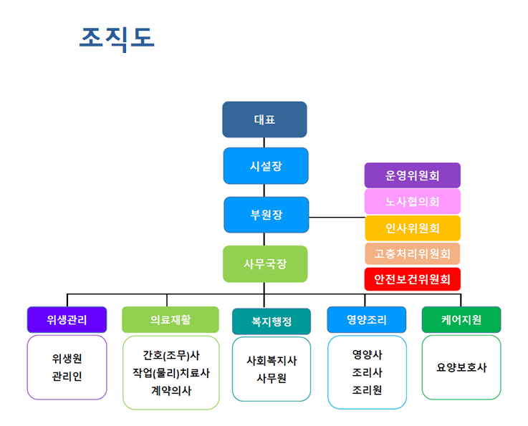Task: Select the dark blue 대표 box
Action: (264, 120)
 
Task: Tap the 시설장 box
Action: (265, 165)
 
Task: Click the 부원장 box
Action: (266, 215)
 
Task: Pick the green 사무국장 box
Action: (265, 263)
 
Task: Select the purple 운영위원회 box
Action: (412, 175)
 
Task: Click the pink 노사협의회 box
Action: (412, 202)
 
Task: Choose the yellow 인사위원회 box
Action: (412, 228)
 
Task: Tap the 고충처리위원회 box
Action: (412, 253)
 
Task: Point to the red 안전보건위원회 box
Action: (412, 279)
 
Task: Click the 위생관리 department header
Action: (67, 319)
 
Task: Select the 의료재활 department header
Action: (170, 319)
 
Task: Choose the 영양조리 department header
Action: (366, 319)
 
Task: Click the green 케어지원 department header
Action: (461, 319)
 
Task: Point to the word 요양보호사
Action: (461, 367)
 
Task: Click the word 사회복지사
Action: (272, 361)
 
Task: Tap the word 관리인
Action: (67, 376)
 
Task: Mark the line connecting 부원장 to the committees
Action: (337, 217)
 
